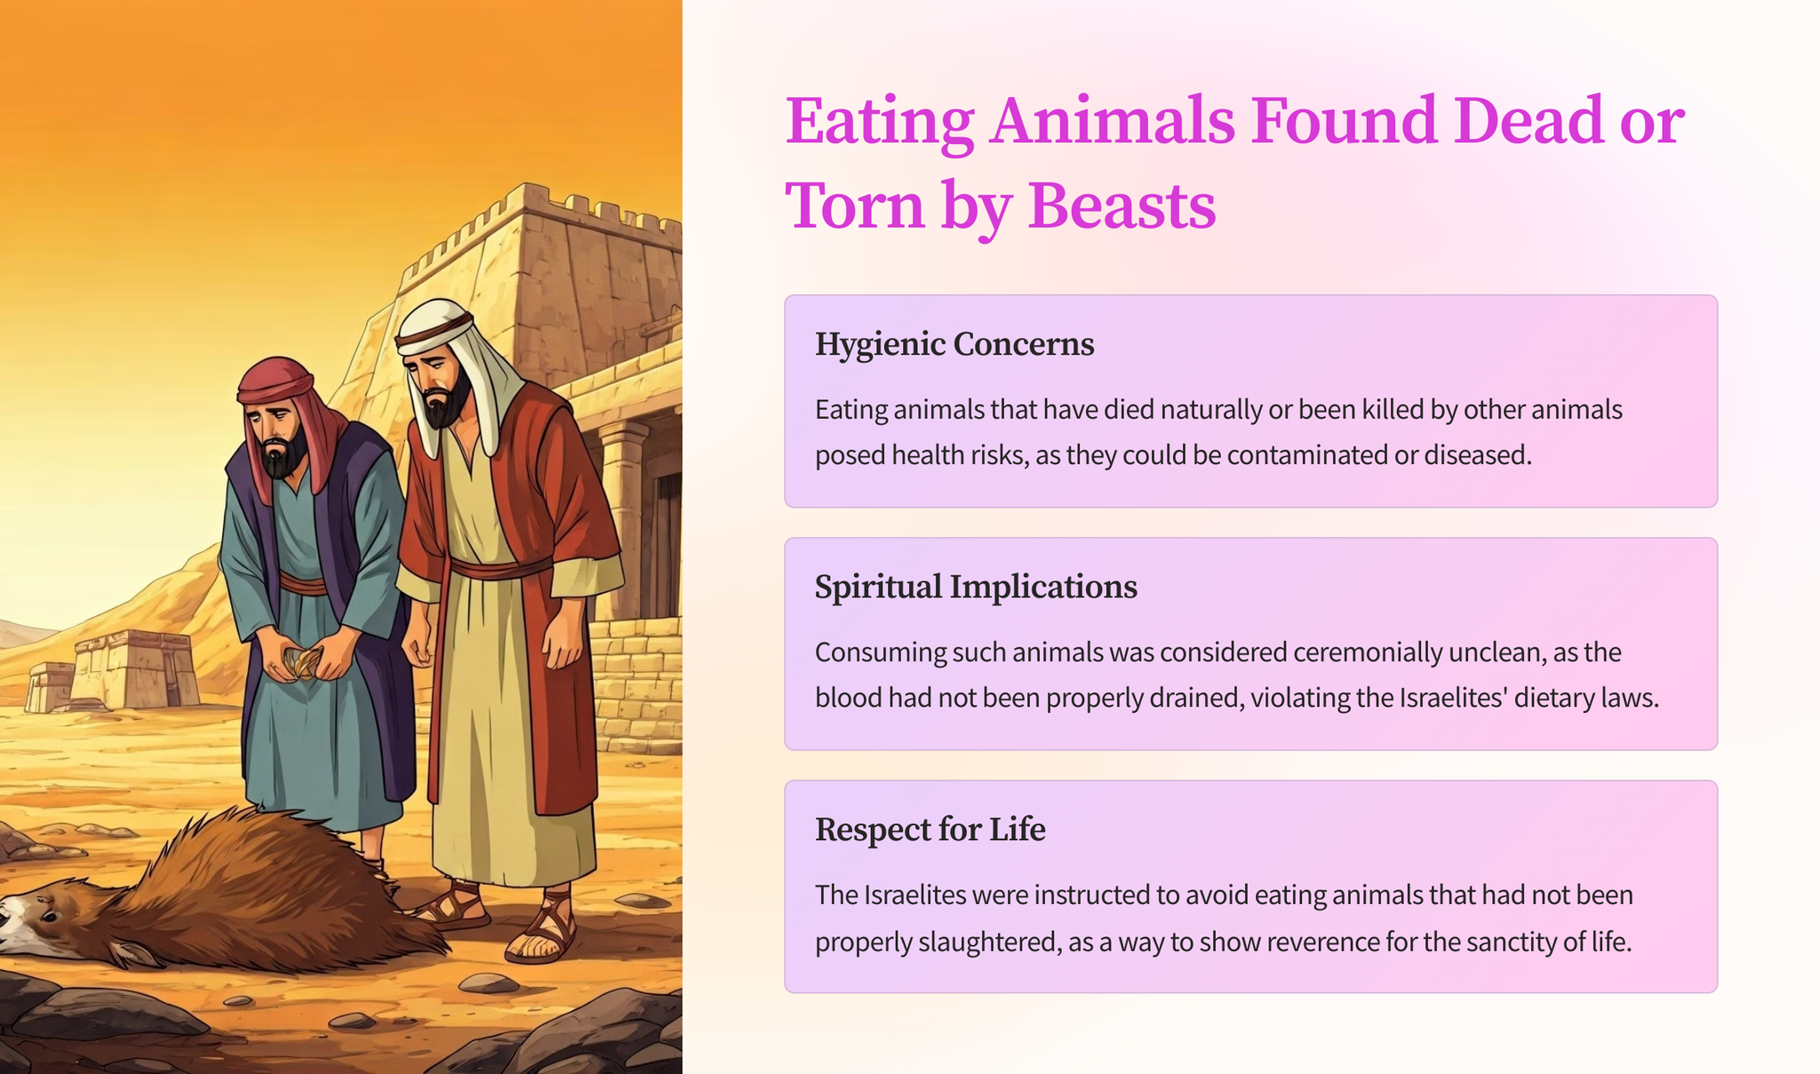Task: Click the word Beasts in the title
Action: (1122, 205)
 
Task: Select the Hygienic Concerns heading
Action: (954, 344)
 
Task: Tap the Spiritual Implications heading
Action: (976, 587)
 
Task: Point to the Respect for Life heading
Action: (930, 830)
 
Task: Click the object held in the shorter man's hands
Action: (303, 661)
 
